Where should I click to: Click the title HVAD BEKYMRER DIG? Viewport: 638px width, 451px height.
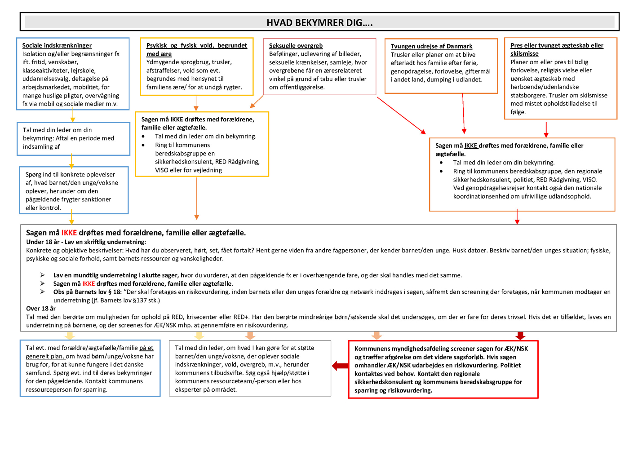tap(319, 22)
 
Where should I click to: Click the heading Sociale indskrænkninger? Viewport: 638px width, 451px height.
tap(57, 45)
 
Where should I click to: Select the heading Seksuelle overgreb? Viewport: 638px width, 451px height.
tap(296, 46)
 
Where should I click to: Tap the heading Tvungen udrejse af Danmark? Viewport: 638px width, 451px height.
tap(431, 46)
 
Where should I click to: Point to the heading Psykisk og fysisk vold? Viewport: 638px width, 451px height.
tap(196, 45)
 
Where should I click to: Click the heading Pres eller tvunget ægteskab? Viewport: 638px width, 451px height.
tap(557, 45)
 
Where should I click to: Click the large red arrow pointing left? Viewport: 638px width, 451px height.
tap(340, 366)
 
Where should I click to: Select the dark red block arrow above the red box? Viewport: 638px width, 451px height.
tap(520, 336)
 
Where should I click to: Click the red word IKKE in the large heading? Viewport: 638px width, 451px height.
tap(69, 233)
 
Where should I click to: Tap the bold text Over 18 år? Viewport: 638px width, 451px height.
tap(41, 309)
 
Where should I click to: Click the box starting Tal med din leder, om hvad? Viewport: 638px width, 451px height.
tap(250, 368)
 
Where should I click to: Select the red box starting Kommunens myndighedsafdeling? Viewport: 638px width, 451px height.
tap(443, 369)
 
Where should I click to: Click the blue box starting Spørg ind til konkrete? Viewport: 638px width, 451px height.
tap(74, 190)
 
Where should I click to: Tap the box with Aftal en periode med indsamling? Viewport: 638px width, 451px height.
tap(73, 139)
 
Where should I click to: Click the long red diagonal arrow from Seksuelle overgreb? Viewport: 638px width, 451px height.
tap(401, 115)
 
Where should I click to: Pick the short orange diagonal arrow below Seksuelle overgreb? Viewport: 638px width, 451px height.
tap(257, 102)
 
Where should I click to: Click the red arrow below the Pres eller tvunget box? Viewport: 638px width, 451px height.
tap(546, 129)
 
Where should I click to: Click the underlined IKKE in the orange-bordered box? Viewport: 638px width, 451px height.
tap(470, 146)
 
